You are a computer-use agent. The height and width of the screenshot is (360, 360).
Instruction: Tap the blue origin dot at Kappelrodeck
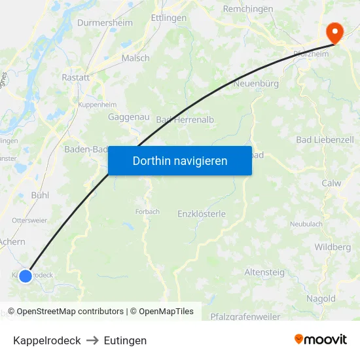[x=26, y=276]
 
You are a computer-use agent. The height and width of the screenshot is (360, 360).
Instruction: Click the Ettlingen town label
[x=168, y=18]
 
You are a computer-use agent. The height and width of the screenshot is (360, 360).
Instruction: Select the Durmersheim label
[x=105, y=23]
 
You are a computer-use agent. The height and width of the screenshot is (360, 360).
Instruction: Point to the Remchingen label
[x=248, y=9]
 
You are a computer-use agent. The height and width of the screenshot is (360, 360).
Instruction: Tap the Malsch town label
[x=135, y=58]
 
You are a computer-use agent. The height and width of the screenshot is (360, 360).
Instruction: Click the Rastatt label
[x=75, y=77]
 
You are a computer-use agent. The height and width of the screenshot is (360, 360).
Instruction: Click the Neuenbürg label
[x=256, y=84]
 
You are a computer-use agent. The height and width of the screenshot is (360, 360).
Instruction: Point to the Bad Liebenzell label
[x=325, y=139]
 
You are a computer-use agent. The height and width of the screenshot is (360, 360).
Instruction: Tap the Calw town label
[x=331, y=183]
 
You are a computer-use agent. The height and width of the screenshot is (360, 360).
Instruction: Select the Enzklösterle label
[x=202, y=213]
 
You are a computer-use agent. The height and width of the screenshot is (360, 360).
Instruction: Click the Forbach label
[x=147, y=211]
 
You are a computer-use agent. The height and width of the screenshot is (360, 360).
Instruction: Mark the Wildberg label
[x=333, y=247]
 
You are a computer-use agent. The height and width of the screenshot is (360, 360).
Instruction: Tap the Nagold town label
[x=321, y=298]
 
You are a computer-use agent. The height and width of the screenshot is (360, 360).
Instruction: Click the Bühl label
[x=40, y=195]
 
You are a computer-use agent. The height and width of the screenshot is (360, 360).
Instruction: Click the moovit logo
[x=320, y=340]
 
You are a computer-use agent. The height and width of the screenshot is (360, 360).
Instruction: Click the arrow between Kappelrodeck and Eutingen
[x=92, y=340]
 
